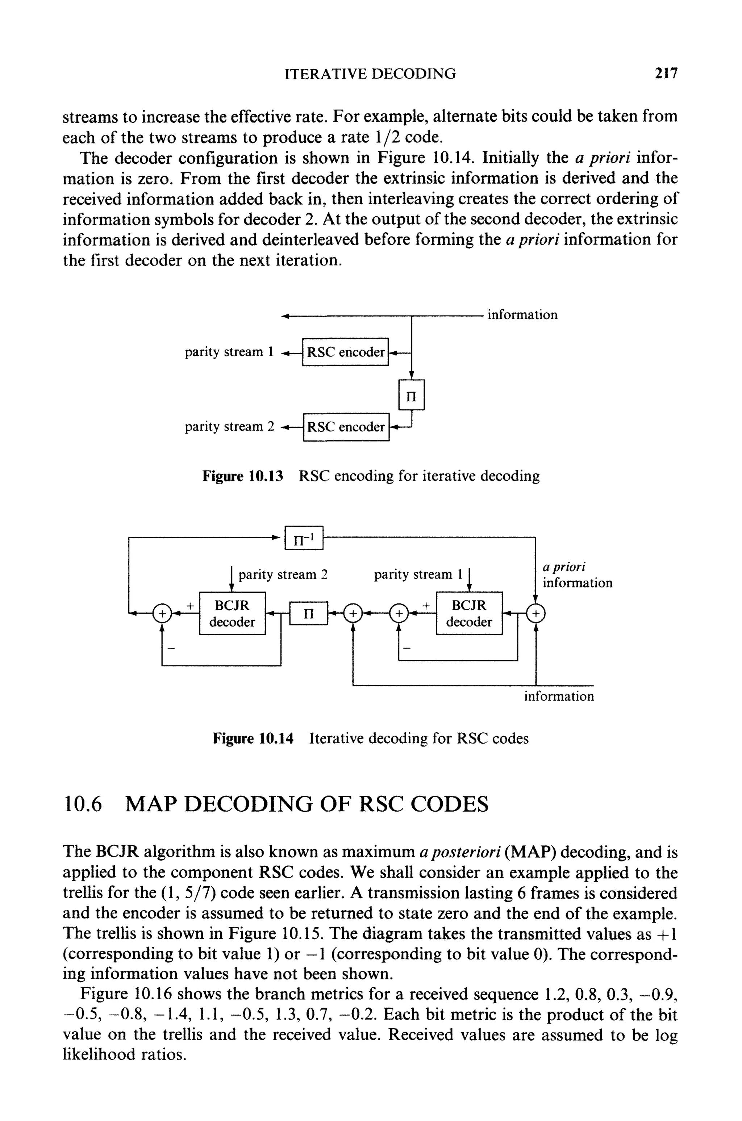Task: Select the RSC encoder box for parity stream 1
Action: click(345, 352)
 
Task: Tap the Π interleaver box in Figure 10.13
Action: click(412, 394)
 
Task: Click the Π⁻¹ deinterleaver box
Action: click(304, 538)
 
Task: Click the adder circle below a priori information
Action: click(536, 614)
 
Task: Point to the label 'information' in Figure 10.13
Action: click(522, 315)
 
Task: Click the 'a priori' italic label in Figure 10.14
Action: click(564, 566)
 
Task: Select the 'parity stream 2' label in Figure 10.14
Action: click(283, 575)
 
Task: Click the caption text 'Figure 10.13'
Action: click(242, 476)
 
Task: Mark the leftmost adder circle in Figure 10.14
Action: click(162, 614)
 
